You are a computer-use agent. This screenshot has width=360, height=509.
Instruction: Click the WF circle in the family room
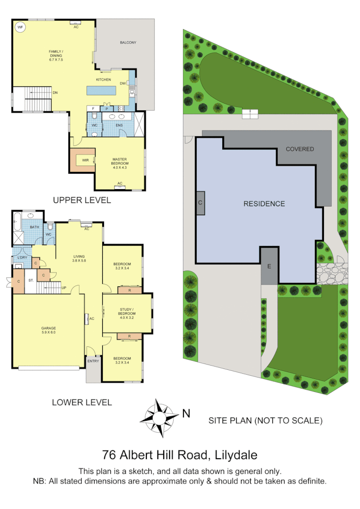[x=20, y=28]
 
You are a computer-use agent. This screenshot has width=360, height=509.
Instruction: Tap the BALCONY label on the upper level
[x=128, y=43]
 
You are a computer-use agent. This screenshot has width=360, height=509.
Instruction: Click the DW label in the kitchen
[x=123, y=83]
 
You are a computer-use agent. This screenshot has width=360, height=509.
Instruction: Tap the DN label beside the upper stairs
[x=55, y=93]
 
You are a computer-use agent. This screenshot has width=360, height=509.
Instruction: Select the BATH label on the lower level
[x=34, y=227]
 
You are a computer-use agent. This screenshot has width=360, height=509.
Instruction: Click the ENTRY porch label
[x=93, y=361]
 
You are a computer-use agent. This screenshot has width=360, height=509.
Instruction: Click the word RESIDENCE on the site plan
[x=264, y=204]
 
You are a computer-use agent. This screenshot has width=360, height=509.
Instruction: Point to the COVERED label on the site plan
[x=300, y=149]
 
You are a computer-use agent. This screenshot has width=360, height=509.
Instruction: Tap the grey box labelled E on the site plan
[x=269, y=266]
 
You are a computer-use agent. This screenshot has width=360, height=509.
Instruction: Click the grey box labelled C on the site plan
[x=200, y=203]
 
